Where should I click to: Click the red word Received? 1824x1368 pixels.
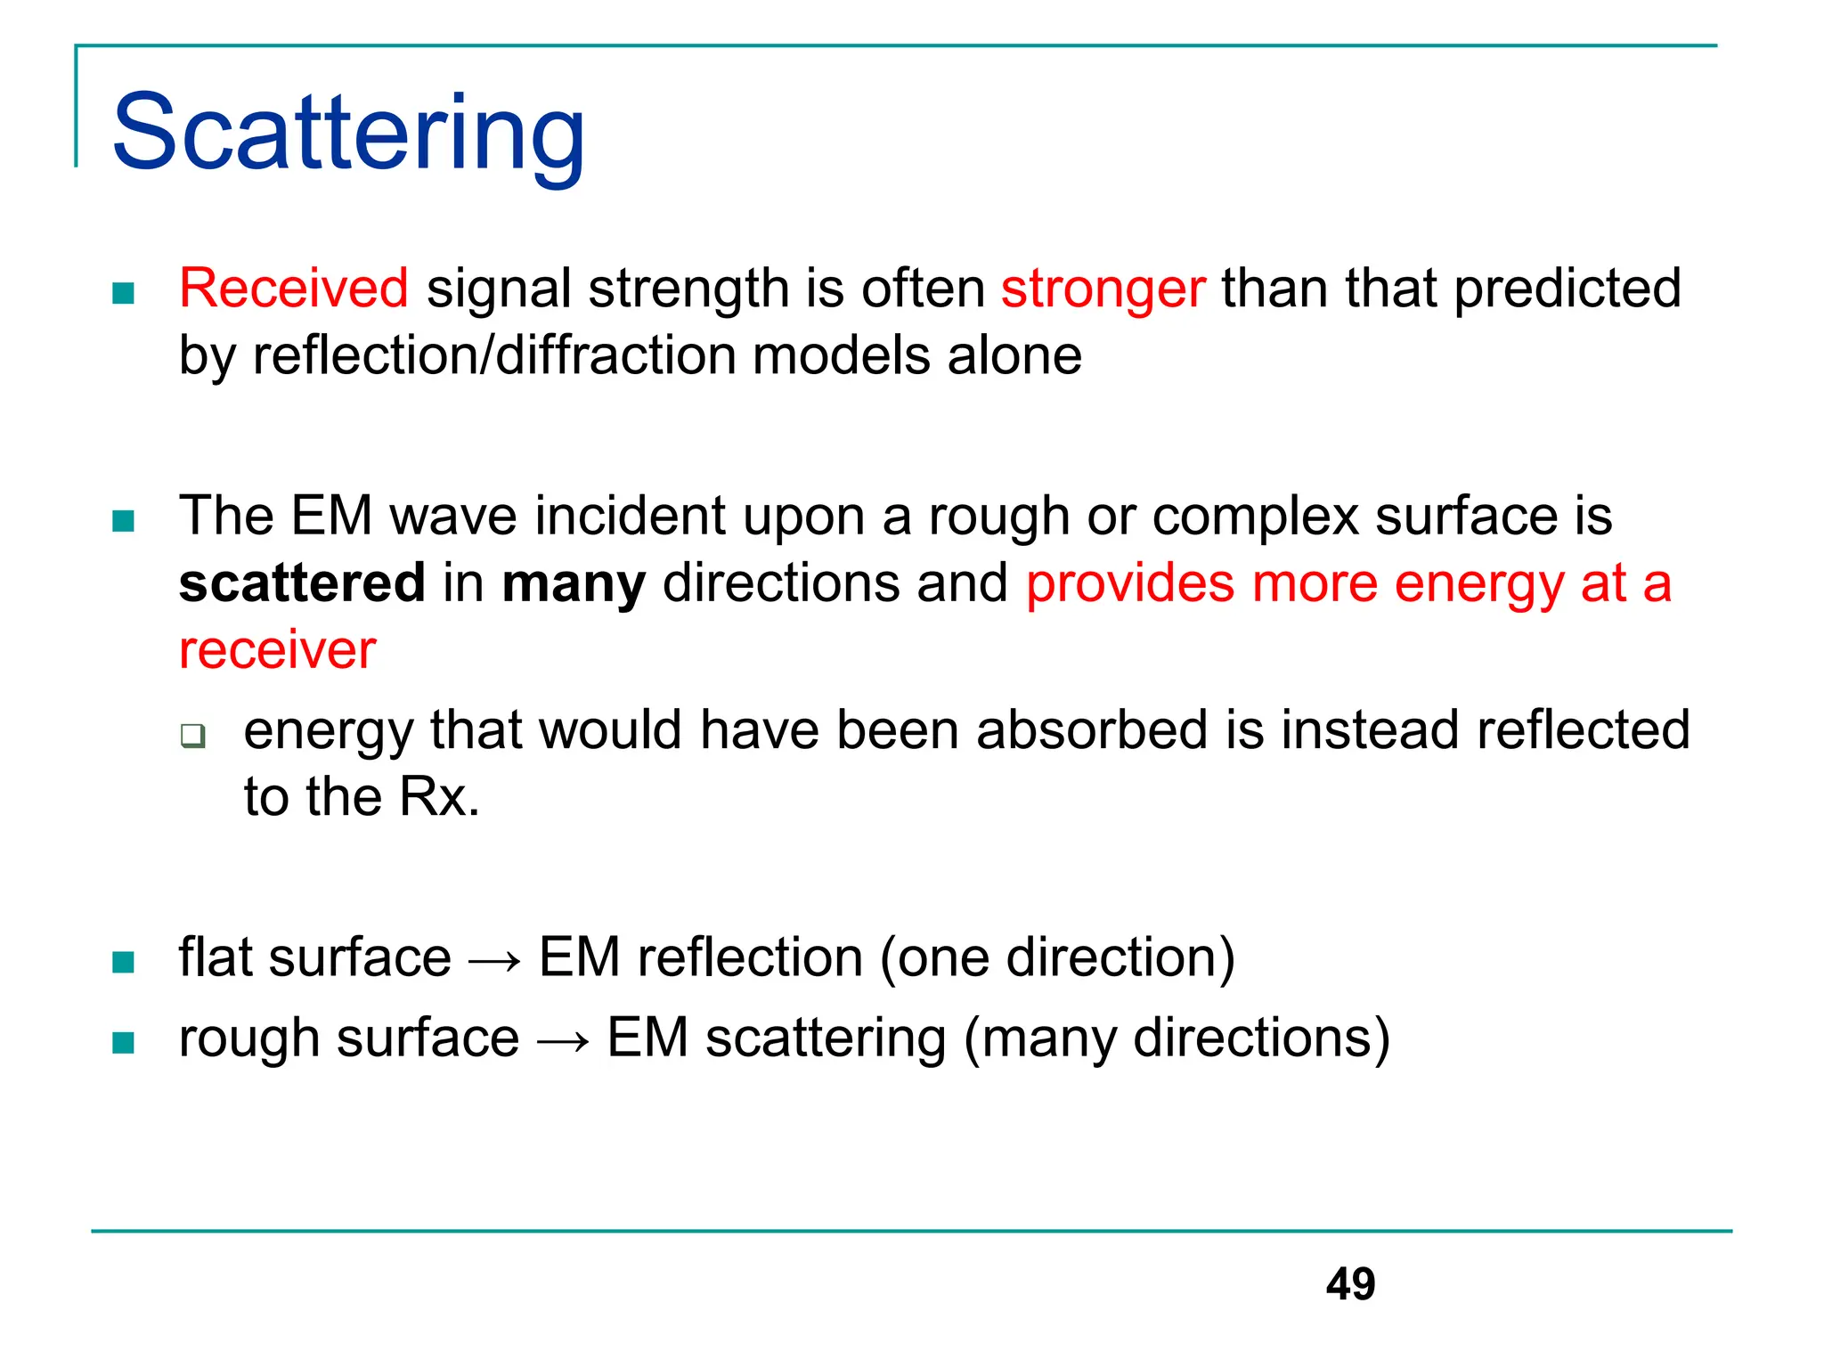click(293, 289)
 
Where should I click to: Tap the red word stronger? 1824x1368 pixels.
click(1103, 289)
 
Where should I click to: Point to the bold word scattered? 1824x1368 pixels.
click(302, 583)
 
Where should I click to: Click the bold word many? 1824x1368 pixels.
click(574, 585)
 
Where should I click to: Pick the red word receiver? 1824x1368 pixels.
click(277, 650)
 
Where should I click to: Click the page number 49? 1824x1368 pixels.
click(1350, 1283)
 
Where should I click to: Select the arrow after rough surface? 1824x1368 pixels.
click(563, 1040)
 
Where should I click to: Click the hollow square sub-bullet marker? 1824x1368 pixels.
click(192, 736)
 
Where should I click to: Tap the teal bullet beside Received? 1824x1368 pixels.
click(124, 293)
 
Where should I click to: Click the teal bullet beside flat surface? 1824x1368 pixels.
click(124, 962)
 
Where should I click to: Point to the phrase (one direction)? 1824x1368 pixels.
click(1058, 957)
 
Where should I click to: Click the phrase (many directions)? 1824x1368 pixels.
click(1177, 1038)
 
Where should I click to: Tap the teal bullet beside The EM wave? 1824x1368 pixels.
click(124, 520)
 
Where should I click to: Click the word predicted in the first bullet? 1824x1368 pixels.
click(1567, 289)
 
